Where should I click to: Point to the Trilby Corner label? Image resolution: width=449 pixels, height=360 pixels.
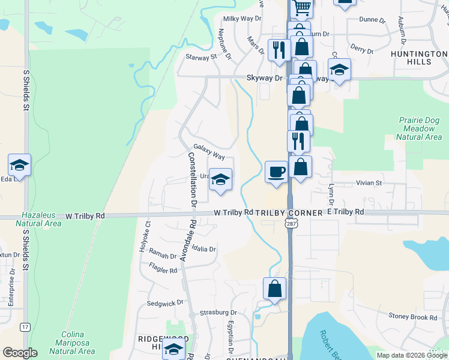(289, 212)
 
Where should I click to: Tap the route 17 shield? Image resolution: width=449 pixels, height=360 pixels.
(25, 327)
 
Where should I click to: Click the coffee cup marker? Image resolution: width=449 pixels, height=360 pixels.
(276, 172)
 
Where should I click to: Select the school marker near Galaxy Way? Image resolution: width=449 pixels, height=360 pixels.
(220, 179)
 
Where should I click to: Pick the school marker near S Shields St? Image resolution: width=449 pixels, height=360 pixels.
(19, 165)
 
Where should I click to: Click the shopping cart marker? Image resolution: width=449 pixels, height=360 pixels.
(303, 8)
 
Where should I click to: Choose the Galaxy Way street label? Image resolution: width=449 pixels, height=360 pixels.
(209, 152)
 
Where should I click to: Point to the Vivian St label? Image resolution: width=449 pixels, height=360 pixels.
(370, 182)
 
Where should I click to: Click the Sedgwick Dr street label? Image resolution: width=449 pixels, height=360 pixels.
(161, 304)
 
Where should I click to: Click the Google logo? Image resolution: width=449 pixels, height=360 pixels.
(20, 353)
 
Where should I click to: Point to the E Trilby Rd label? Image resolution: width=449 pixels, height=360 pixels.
(345, 212)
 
